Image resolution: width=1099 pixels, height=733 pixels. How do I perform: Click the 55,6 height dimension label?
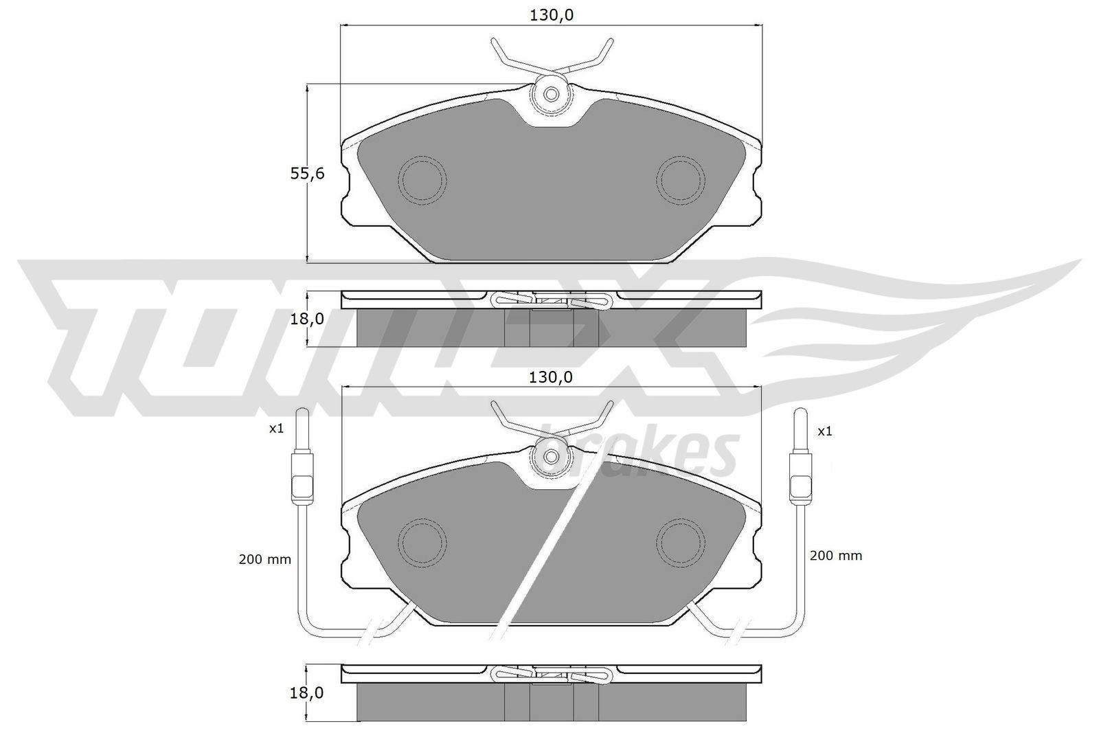coord(306,174)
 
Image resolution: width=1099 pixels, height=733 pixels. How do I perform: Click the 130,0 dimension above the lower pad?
coord(551,376)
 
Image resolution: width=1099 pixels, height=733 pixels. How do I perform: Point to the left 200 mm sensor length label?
coord(264,559)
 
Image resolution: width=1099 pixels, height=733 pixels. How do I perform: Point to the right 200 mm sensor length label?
coord(835,555)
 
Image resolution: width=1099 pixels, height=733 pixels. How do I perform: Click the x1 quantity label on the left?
coord(276,429)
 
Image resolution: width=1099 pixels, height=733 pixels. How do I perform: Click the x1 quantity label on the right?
coord(825,431)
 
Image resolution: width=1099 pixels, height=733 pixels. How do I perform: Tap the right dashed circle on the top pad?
coord(681,181)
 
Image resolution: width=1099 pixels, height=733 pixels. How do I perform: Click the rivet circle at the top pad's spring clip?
coord(551,95)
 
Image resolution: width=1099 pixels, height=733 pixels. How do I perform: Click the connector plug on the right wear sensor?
coord(800,475)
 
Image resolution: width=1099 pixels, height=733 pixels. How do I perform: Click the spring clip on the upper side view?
coord(551,300)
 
